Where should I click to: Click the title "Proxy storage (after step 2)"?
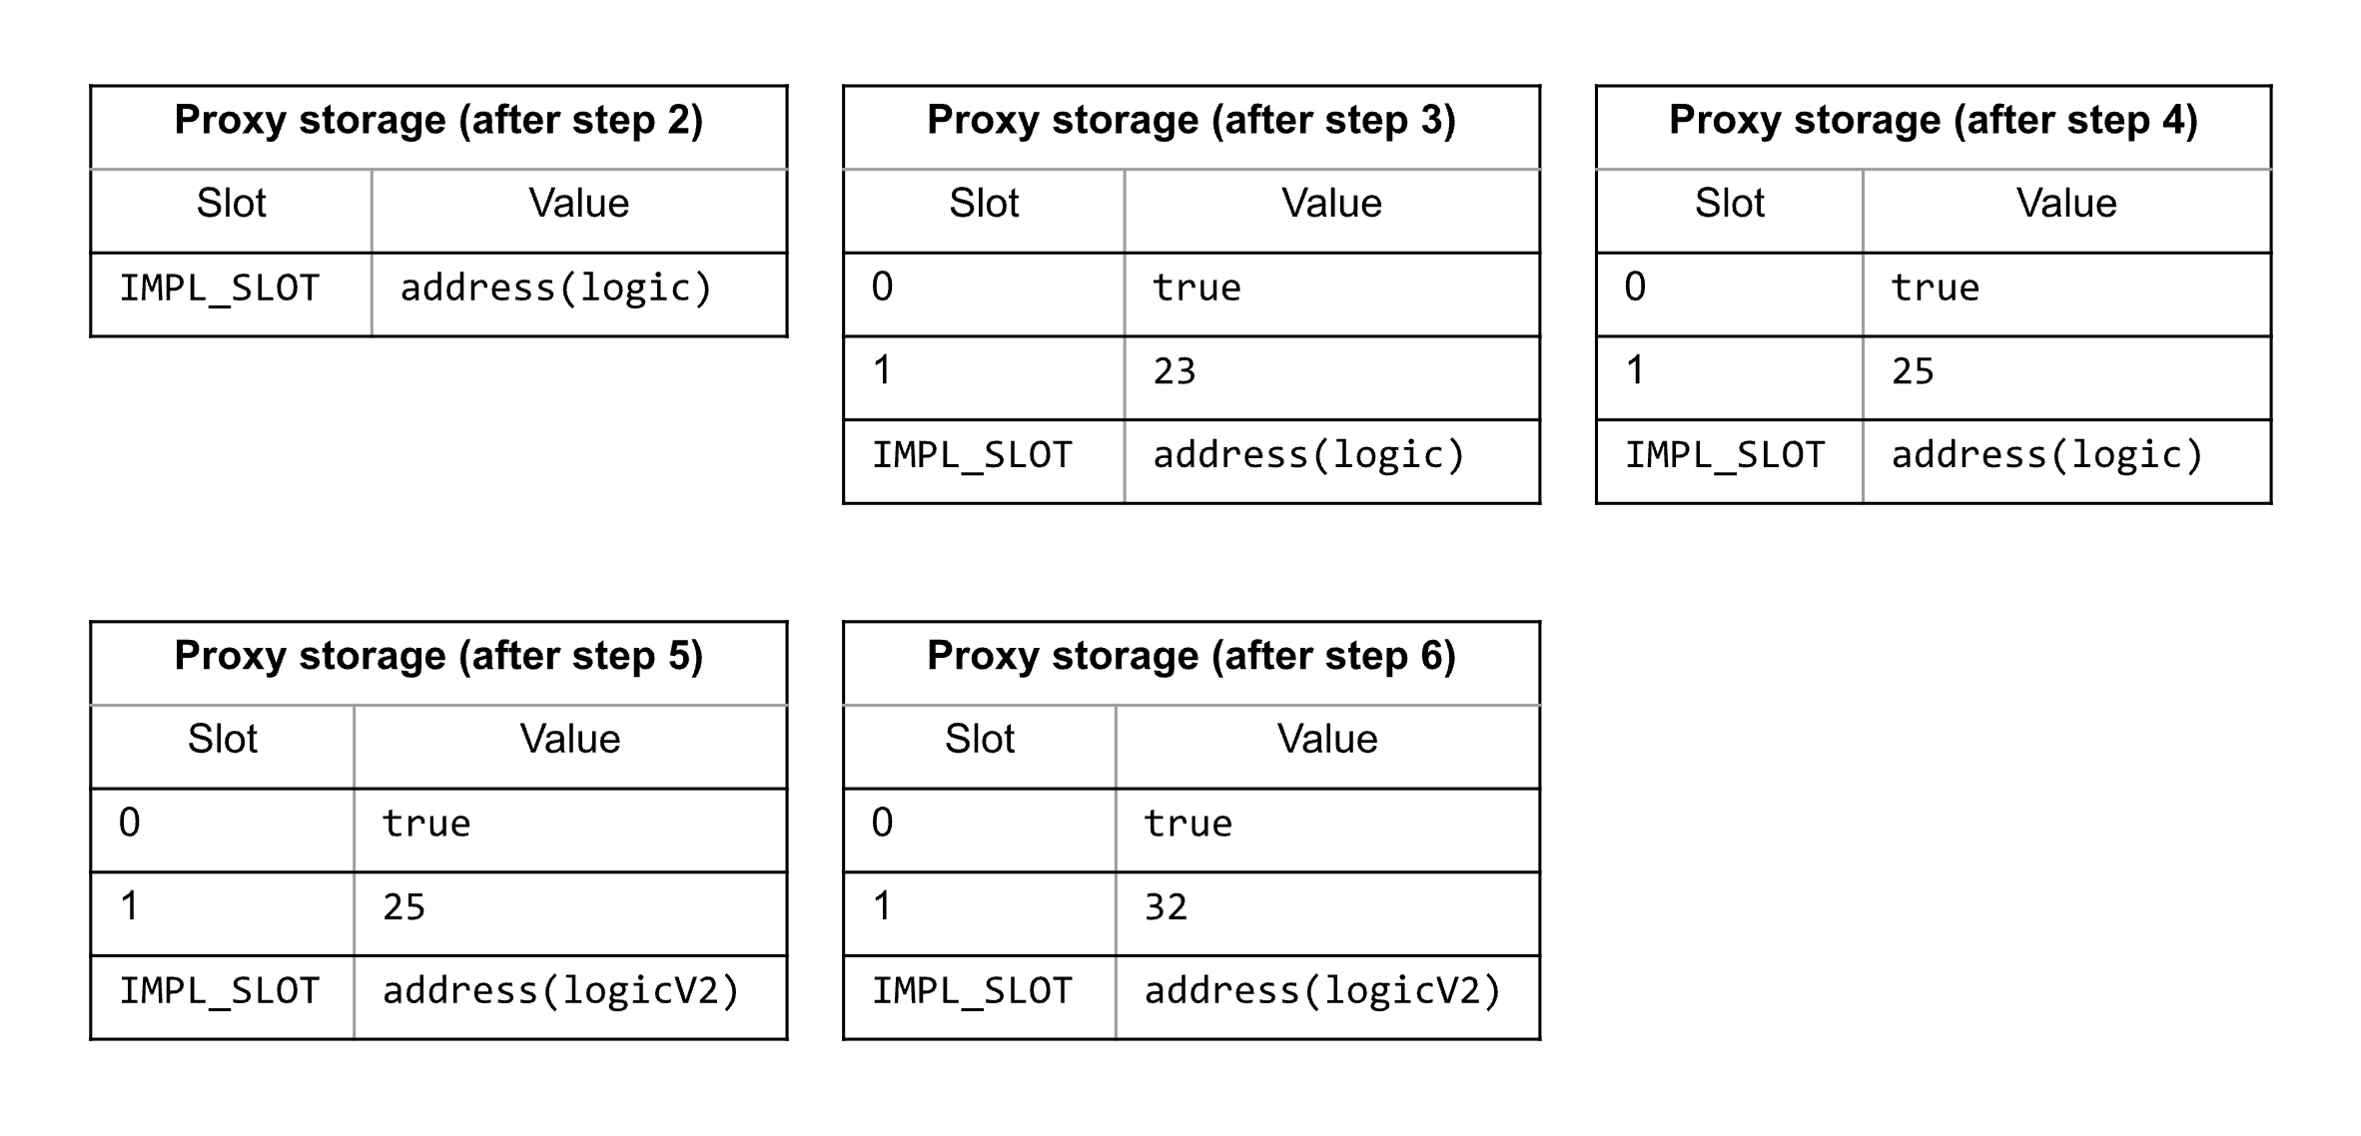(x=438, y=121)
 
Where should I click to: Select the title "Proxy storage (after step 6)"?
(x=1191, y=657)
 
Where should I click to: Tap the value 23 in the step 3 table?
(x=1175, y=371)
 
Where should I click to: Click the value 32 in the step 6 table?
(x=1167, y=907)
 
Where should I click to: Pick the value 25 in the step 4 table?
(x=1913, y=371)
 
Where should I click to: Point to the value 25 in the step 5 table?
(x=404, y=907)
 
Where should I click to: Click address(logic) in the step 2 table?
(x=556, y=288)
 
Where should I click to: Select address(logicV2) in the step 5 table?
(x=561, y=991)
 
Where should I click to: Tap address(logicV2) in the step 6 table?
(x=1323, y=991)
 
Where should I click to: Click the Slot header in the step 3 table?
(x=984, y=204)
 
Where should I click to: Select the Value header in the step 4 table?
(x=2066, y=204)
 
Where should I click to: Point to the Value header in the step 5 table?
(x=570, y=740)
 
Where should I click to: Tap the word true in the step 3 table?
(x=1196, y=288)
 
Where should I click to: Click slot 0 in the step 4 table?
(x=1635, y=287)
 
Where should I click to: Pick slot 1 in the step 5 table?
(x=130, y=906)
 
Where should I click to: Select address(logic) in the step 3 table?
(x=1309, y=455)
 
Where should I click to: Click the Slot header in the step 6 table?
(x=980, y=740)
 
